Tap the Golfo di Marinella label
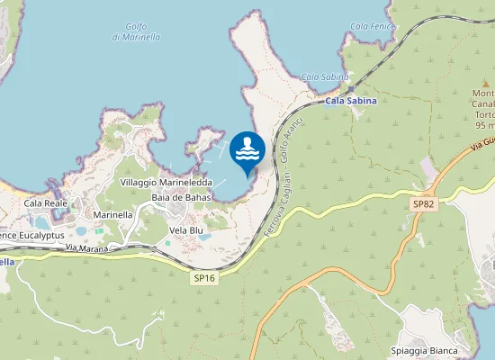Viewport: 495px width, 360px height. coord(136,31)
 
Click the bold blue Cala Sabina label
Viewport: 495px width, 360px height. coord(351,101)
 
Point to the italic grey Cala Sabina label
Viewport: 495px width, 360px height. coord(325,77)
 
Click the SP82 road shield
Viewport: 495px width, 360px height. coord(424,205)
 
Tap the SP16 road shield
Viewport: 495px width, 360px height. coord(204,279)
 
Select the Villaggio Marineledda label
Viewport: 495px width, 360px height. coord(166,182)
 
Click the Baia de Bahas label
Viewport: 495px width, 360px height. coord(182,197)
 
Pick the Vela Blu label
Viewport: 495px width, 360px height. coord(186,230)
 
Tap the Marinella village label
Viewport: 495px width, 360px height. coord(113,215)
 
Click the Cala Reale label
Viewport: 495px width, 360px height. coord(46,203)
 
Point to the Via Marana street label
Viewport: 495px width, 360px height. coord(87,248)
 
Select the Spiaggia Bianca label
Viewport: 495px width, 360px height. coord(425,350)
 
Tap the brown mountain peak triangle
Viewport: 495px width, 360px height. coord(484,83)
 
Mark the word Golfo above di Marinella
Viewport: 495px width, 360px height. coord(137,25)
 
